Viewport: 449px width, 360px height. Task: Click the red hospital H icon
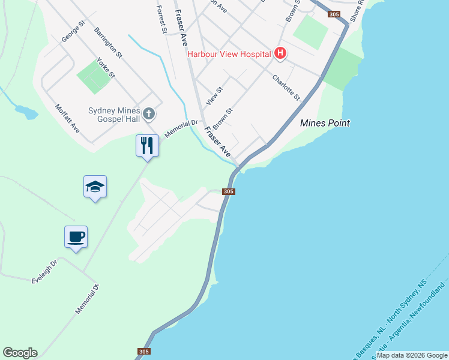280,54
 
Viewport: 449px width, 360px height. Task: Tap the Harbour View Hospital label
229,54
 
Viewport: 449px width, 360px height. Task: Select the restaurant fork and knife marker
147,145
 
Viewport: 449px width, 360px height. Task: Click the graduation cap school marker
95,187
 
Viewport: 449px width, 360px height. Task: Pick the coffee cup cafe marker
76,237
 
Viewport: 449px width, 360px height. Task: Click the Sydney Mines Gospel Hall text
113,115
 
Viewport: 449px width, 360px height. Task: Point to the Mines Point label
325,123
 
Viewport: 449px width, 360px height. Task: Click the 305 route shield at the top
334,14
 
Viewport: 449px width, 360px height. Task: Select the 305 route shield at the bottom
143,352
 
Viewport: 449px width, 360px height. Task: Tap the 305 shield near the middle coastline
228,191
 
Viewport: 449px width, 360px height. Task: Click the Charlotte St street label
286,88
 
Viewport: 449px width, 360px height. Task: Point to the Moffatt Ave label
67,118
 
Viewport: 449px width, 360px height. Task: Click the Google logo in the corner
20,353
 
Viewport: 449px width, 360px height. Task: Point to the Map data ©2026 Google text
412,355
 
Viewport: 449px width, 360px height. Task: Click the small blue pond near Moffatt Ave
26,112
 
